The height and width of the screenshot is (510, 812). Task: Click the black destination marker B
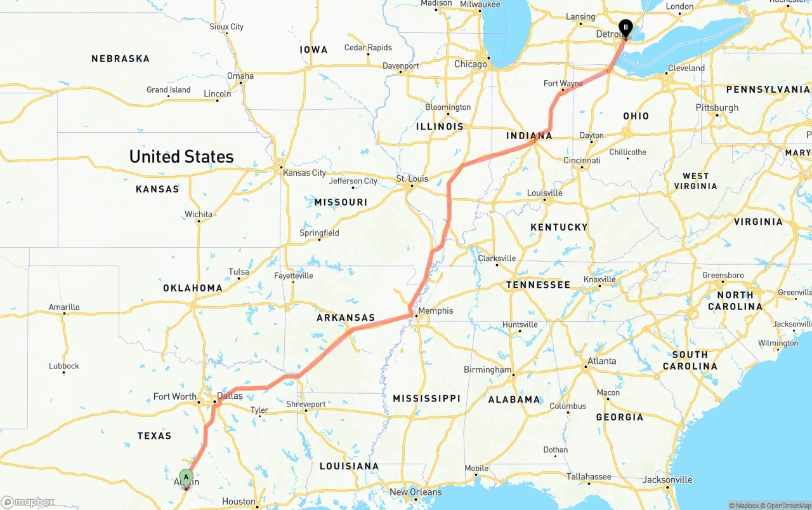(625, 27)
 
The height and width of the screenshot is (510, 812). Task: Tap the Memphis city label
(436, 311)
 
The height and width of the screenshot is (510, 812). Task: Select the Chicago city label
(471, 64)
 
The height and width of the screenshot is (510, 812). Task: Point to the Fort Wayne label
(563, 83)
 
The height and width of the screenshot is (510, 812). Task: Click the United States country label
(181, 156)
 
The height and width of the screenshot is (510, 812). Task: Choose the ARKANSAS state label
(346, 318)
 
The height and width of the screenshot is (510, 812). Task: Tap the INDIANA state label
(529, 136)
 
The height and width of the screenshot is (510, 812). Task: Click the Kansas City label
(304, 173)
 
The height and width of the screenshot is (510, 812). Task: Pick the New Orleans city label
(416, 492)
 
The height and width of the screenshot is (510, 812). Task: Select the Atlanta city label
(601, 361)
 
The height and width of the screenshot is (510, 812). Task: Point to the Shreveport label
(306, 404)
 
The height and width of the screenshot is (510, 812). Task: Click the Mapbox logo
(27, 502)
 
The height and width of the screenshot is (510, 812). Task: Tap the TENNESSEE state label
(538, 285)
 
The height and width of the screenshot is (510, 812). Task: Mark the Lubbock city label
(64, 366)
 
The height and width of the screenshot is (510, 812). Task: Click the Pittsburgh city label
(717, 107)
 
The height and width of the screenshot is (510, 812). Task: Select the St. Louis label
(412, 178)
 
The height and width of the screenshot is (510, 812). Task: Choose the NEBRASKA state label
(121, 58)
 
